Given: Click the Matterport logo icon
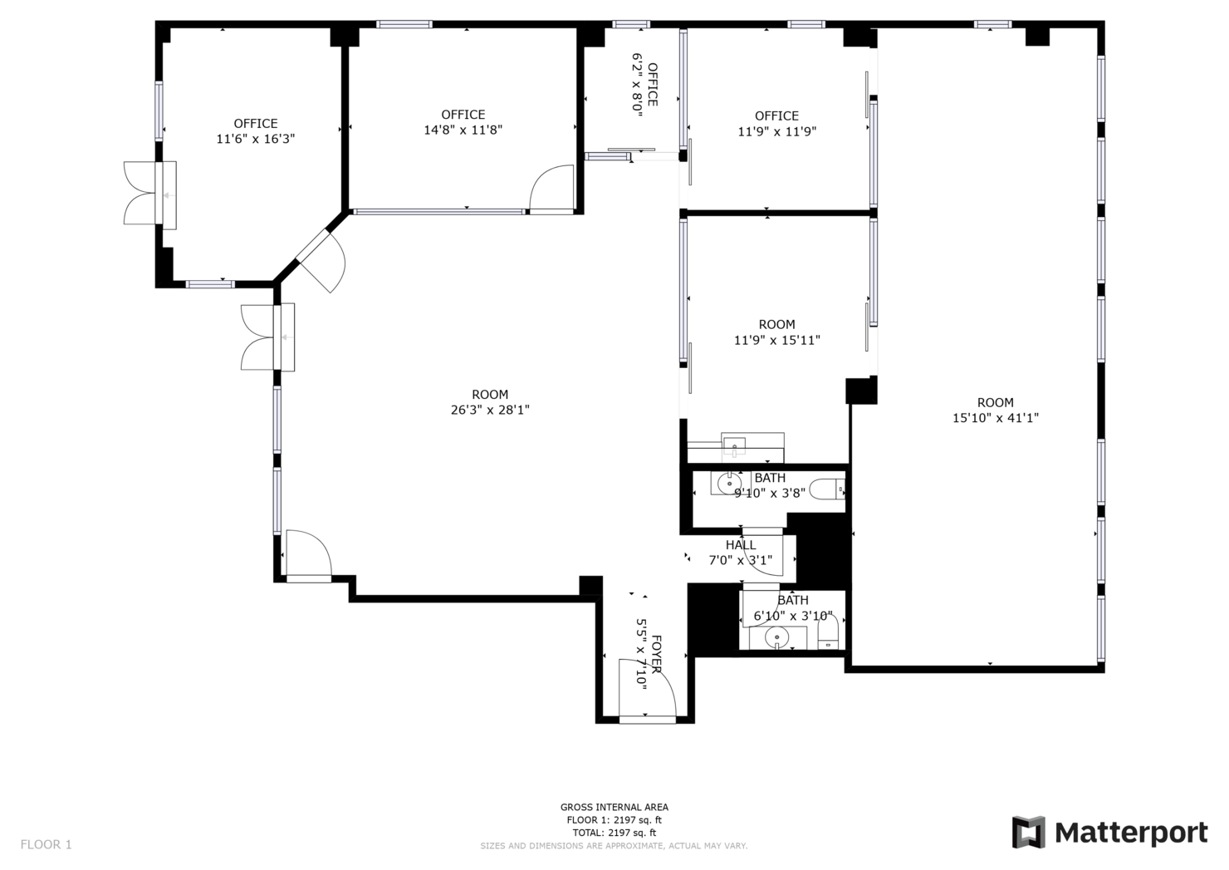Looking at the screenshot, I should [x=1028, y=832].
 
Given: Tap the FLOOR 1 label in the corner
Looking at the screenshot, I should [x=47, y=844].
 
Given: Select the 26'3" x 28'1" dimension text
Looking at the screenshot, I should [x=490, y=410].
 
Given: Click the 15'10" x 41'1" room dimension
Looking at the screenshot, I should [x=995, y=418].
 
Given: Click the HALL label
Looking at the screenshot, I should [x=741, y=545].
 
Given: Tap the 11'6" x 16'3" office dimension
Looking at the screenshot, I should [x=255, y=139].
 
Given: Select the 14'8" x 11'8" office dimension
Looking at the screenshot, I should [x=463, y=130].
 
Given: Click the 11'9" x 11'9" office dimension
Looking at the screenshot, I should [x=776, y=131].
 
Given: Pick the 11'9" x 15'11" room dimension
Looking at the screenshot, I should [x=776, y=340].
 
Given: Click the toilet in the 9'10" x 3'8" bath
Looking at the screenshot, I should [x=827, y=489].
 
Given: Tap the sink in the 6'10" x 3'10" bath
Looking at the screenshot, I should [x=776, y=637].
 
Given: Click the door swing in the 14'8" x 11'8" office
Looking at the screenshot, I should [x=553, y=189].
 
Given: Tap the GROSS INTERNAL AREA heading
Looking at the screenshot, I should [x=614, y=807].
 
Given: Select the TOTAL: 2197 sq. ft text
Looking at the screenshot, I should [x=614, y=833].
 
